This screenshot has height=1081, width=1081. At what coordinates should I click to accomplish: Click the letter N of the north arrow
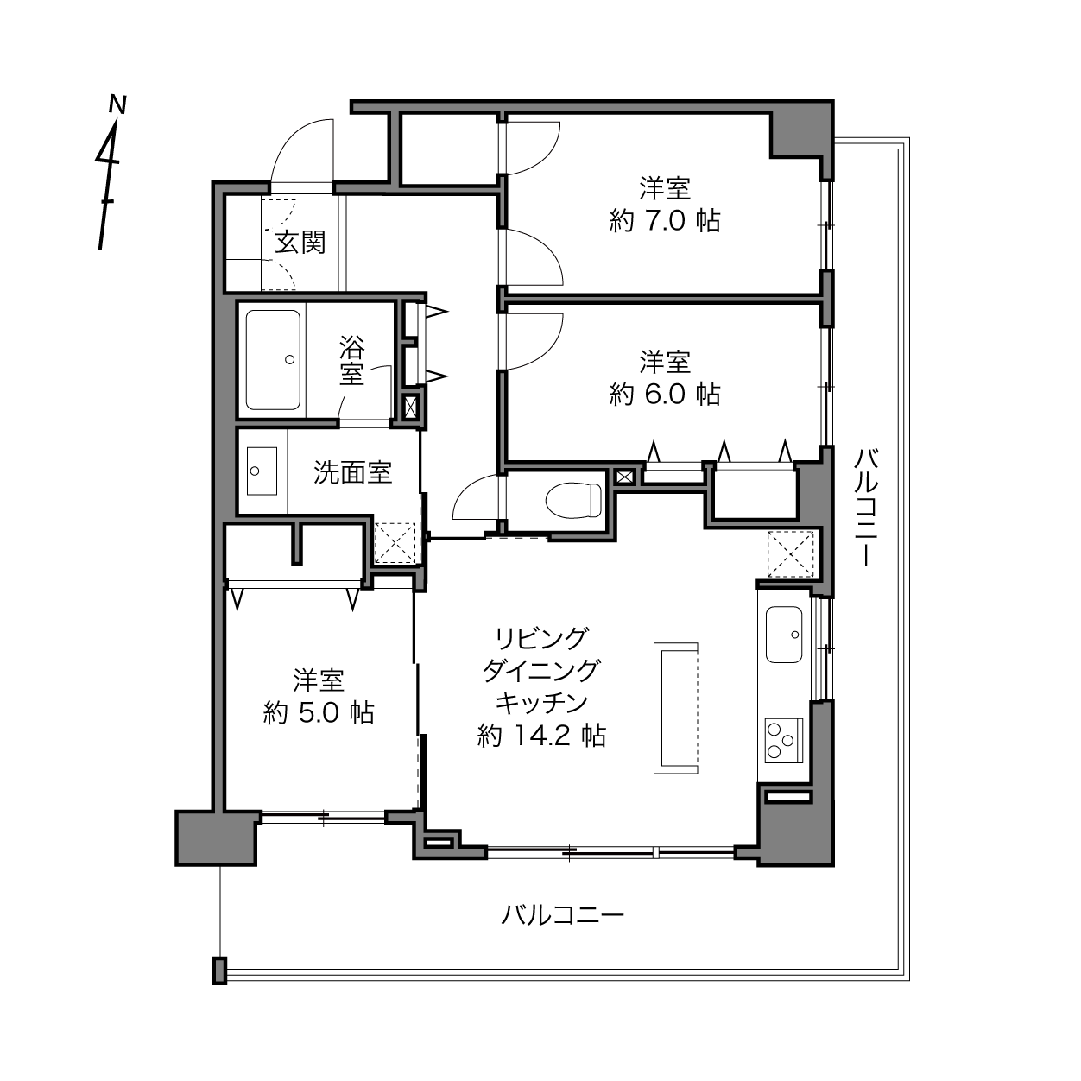click(117, 104)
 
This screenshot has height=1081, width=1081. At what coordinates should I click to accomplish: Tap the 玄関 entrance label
click(300, 243)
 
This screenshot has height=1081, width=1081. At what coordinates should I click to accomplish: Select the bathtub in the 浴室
click(273, 360)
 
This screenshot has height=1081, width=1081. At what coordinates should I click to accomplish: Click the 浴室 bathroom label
click(351, 360)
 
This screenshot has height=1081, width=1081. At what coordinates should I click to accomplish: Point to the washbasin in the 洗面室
click(262, 471)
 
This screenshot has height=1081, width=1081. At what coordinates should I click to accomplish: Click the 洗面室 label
click(353, 471)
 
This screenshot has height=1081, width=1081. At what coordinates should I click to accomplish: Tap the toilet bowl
click(573, 499)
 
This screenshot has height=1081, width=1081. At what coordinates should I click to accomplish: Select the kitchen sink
click(784, 634)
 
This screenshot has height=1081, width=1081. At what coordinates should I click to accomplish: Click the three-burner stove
click(784, 741)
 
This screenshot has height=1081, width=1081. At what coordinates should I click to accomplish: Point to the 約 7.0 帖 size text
click(665, 221)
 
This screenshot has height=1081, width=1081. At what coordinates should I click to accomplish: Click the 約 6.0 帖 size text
click(665, 395)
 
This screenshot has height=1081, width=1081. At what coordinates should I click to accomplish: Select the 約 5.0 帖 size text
click(319, 713)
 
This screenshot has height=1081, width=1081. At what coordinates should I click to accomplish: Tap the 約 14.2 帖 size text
click(541, 735)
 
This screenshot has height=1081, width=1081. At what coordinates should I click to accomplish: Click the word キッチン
click(542, 702)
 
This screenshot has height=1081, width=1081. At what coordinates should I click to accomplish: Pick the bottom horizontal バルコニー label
click(562, 915)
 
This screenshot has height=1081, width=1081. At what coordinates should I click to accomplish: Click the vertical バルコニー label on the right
click(866, 508)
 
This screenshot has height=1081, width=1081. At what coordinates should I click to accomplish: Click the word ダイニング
click(541, 670)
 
